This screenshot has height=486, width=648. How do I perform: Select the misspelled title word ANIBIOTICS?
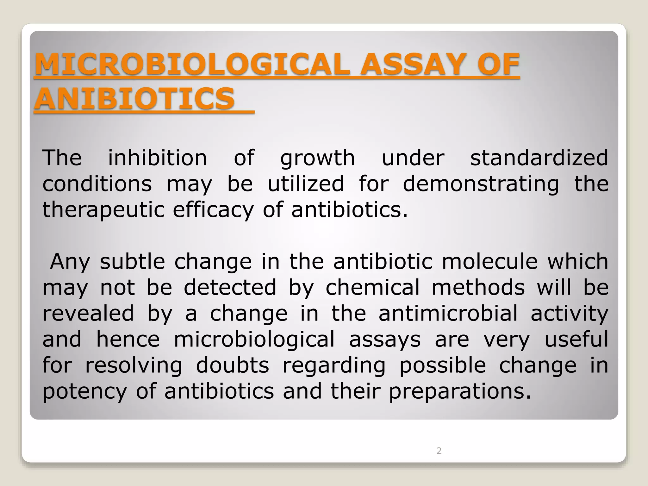point(135,98)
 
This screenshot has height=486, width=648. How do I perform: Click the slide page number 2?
point(439,451)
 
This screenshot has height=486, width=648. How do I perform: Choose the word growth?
point(318,158)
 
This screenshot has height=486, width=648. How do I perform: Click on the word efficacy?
point(213,210)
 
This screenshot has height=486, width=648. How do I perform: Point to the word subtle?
point(133,261)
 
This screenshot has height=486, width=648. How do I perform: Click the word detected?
point(230,287)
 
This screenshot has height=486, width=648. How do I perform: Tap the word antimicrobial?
point(448,313)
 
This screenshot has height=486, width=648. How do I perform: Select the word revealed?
point(88,313)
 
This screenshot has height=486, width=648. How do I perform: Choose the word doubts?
point(233,365)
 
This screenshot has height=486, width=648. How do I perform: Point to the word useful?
point(576,339)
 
